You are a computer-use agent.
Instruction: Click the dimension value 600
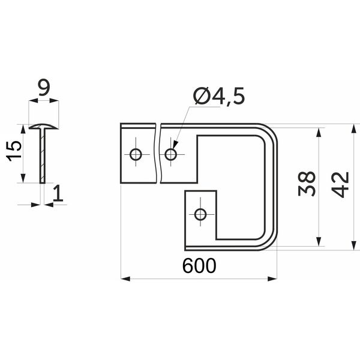tap(199, 266)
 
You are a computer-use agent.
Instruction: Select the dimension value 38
tap(307, 184)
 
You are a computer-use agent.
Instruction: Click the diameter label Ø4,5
tap(219, 96)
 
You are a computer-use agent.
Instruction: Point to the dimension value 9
tap(44, 88)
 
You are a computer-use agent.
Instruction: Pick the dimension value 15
tap(14, 151)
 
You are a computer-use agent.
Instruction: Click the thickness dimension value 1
tap(58, 193)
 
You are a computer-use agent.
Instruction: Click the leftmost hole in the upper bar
tap(136, 154)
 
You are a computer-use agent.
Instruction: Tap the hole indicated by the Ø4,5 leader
tap(171, 154)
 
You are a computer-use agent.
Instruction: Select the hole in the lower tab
tap(200, 215)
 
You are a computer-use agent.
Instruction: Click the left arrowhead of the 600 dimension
tap(125, 279)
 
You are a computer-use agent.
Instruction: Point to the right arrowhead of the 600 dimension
tap(272, 279)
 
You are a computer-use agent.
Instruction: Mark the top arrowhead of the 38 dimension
tap(318, 133)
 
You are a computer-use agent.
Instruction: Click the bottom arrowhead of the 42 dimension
tap(354, 245)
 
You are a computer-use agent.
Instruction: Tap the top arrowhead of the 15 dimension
tap(23, 129)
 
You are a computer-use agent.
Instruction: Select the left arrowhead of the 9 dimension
tap(34, 101)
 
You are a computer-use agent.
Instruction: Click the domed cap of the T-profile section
tap(43, 126)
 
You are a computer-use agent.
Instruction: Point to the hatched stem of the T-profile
tap(43, 156)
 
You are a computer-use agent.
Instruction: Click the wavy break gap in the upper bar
tap(158, 153)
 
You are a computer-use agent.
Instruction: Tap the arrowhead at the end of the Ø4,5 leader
tap(175, 145)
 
